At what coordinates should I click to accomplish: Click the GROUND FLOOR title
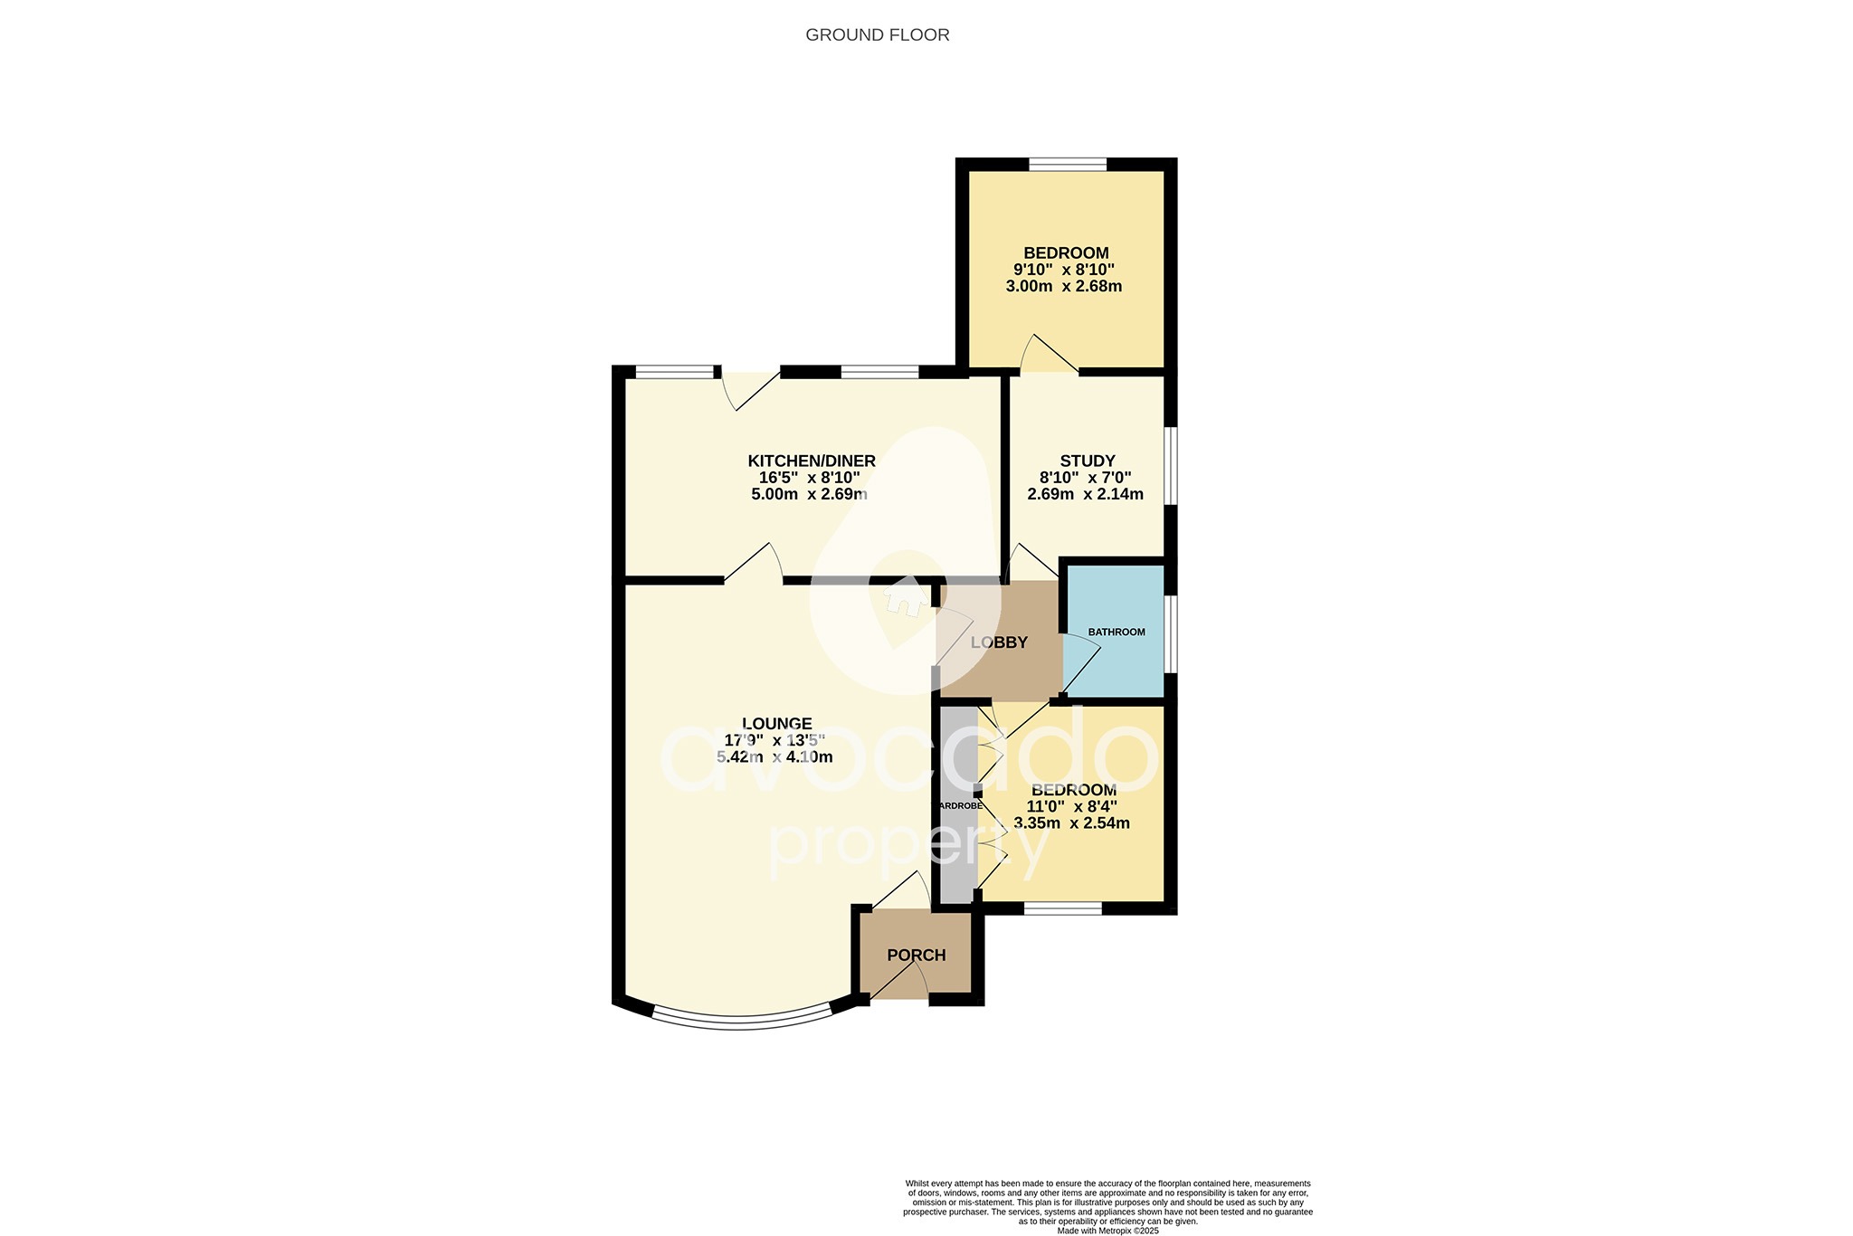pyautogui.click(x=877, y=35)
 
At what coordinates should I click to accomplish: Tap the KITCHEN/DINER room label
pyautogui.click(x=811, y=461)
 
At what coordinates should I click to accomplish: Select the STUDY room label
pyautogui.click(x=1087, y=461)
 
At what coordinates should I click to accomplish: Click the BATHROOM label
pyautogui.click(x=1116, y=632)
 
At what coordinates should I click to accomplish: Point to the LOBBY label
pyautogui.click(x=999, y=643)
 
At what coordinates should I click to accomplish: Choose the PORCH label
pyautogui.click(x=916, y=956)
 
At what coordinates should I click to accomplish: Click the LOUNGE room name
pyautogui.click(x=776, y=724)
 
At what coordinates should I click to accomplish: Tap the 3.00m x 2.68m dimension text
pyautogui.click(x=1063, y=287)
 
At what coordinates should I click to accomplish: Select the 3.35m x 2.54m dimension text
pyautogui.click(x=1071, y=823)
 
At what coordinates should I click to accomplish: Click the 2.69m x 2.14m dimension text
pyautogui.click(x=1085, y=494)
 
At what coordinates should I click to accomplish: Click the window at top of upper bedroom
pyautogui.click(x=1067, y=165)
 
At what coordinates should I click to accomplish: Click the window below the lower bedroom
pyautogui.click(x=1062, y=908)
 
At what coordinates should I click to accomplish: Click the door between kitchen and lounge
pyautogui.click(x=754, y=565)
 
